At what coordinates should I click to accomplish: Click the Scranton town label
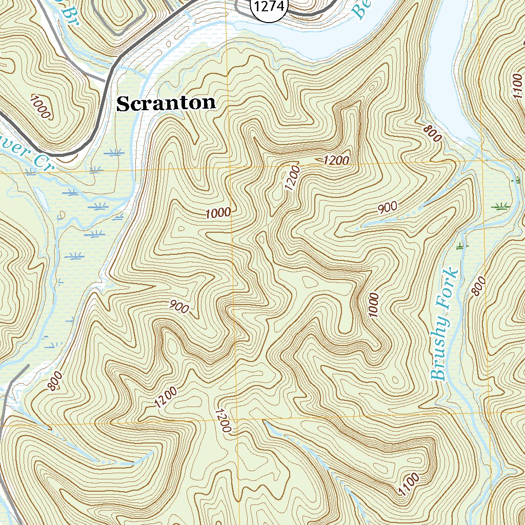166,104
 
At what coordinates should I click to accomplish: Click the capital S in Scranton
123,104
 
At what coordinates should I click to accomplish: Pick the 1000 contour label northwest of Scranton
40,107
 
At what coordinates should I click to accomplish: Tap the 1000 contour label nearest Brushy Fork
373,305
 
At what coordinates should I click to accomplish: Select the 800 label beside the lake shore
432,134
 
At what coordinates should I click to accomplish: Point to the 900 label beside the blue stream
388,208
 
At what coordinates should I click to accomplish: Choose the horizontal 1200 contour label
337,160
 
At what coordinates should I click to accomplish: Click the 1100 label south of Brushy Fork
409,484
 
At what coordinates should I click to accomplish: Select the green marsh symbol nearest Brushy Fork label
462,247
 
